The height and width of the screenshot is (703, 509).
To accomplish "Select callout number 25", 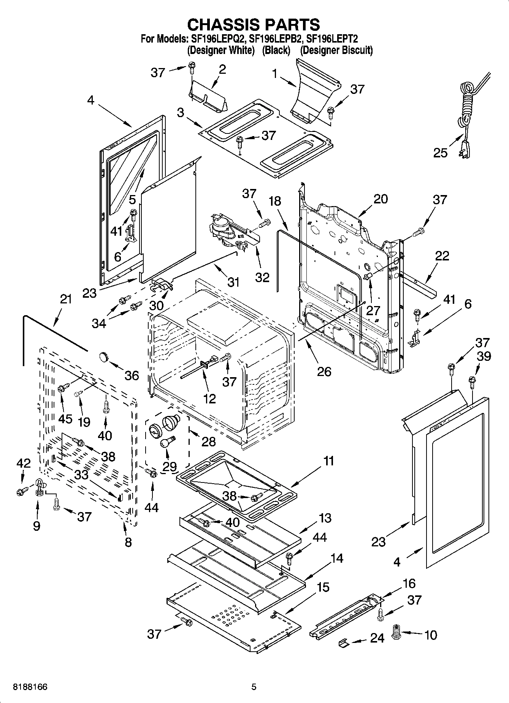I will (x=440, y=152).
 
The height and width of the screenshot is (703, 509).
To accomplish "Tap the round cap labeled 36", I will (x=103, y=357).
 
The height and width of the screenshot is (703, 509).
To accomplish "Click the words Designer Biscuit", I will (x=336, y=50).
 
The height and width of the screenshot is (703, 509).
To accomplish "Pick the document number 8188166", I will (x=30, y=687).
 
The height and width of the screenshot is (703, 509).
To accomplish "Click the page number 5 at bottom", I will (x=254, y=687).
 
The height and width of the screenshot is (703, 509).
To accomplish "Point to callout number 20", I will (x=381, y=198).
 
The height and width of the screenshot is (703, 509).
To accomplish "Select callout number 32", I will (x=262, y=277).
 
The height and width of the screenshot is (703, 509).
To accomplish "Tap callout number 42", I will (x=23, y=463).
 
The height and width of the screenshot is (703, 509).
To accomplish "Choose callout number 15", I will (x=323, y=587).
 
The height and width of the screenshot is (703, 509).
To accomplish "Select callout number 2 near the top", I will (x=223, y=69).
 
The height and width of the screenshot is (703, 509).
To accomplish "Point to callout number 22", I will (x=442, y=255).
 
